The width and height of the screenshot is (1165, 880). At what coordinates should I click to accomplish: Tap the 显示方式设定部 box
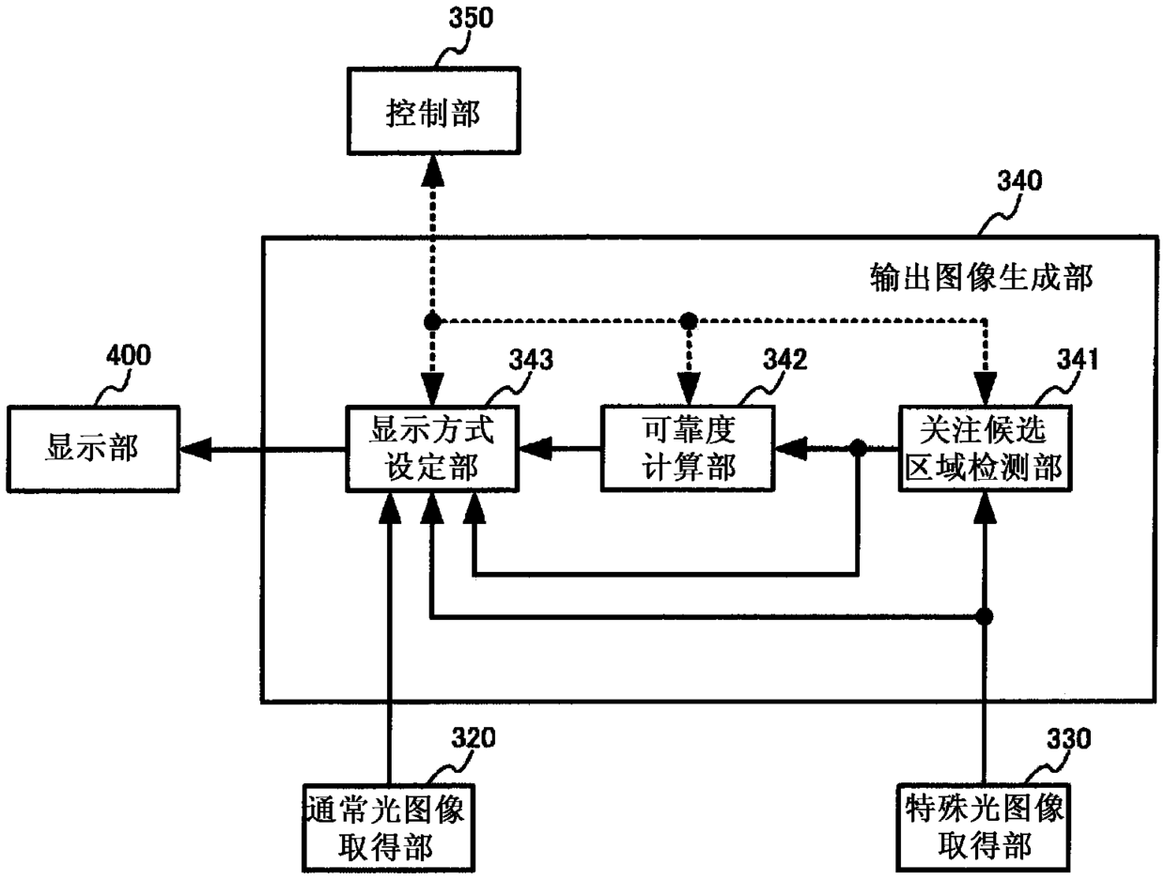[431, 448]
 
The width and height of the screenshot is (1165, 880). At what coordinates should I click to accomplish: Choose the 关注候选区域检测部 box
[984, 448]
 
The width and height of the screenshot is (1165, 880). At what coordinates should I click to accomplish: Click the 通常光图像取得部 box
[386, 827]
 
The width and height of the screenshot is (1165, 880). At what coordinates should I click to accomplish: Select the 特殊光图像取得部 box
[984, 827]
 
